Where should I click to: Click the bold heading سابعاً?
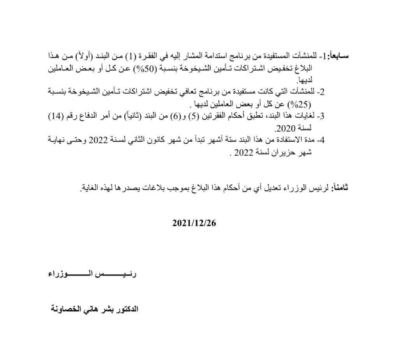point(339,56)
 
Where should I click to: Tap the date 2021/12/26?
point(194,223)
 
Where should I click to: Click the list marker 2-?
point(321,92)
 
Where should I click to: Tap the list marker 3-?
point(321,116)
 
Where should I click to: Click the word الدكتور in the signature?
point(128,310)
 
